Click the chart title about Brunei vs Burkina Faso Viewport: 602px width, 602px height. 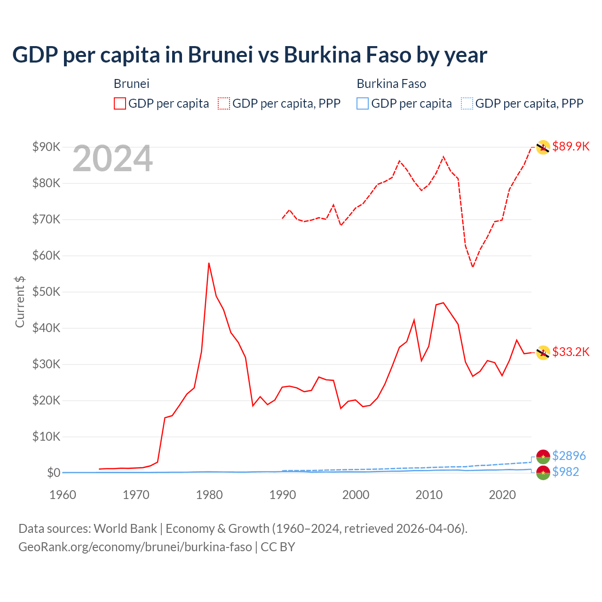point(250,55)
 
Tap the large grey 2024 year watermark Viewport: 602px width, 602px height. point(112,159)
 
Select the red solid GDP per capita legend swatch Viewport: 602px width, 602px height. point(120,103)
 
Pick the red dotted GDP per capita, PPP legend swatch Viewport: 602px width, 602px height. point(224,103)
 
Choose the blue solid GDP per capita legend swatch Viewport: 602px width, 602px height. point(363,103)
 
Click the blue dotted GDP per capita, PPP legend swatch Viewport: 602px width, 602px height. point(467,103)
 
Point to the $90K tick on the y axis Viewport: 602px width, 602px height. point(46,147)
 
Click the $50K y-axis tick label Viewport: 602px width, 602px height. point(46,292)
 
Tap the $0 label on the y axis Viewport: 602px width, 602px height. point(53,473)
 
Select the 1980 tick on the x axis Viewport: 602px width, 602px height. point(209,495)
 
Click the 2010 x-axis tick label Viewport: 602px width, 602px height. point(429,495)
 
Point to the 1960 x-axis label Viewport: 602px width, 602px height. point(63,495)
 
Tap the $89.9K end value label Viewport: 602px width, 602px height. point(570,147)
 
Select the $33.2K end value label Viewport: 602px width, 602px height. point(570,352)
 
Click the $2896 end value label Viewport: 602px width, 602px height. point(569,456)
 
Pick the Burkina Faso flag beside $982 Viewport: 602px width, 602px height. point(543,473)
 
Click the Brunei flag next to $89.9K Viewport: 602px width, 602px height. point(543,147)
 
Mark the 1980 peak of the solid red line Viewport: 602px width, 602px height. point(209,263)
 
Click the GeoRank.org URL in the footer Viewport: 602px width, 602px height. point(135,547)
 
